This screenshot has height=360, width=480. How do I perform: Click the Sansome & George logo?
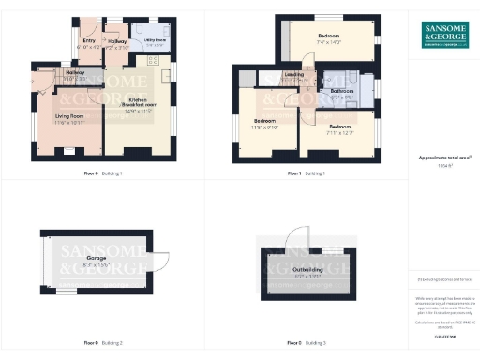point(444,35)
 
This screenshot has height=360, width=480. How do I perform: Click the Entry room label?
point(89,41)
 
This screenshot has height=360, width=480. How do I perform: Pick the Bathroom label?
point(342,91)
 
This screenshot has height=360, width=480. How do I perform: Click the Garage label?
point(96,257)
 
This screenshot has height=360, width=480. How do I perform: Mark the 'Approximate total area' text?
point(444,158)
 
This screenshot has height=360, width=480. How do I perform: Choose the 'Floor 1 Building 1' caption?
point(306,173)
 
